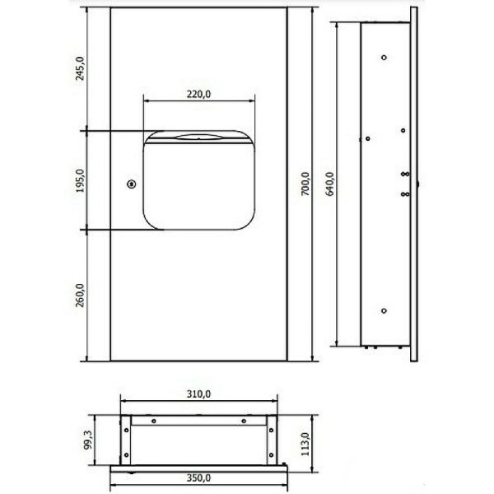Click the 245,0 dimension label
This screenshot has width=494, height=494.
coord(81,68)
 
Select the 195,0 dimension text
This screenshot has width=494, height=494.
coord(81,180)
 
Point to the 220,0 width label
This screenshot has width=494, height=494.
coord(198,94)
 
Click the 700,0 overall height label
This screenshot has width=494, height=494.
coord(305,184)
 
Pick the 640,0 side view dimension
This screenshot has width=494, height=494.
coord(330,184)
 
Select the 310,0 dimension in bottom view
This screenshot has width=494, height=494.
coord(198,394)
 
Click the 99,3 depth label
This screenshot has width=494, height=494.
coord(89,440)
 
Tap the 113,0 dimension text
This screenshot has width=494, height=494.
coord(305,445)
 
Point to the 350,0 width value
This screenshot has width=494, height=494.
coord(198,478)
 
